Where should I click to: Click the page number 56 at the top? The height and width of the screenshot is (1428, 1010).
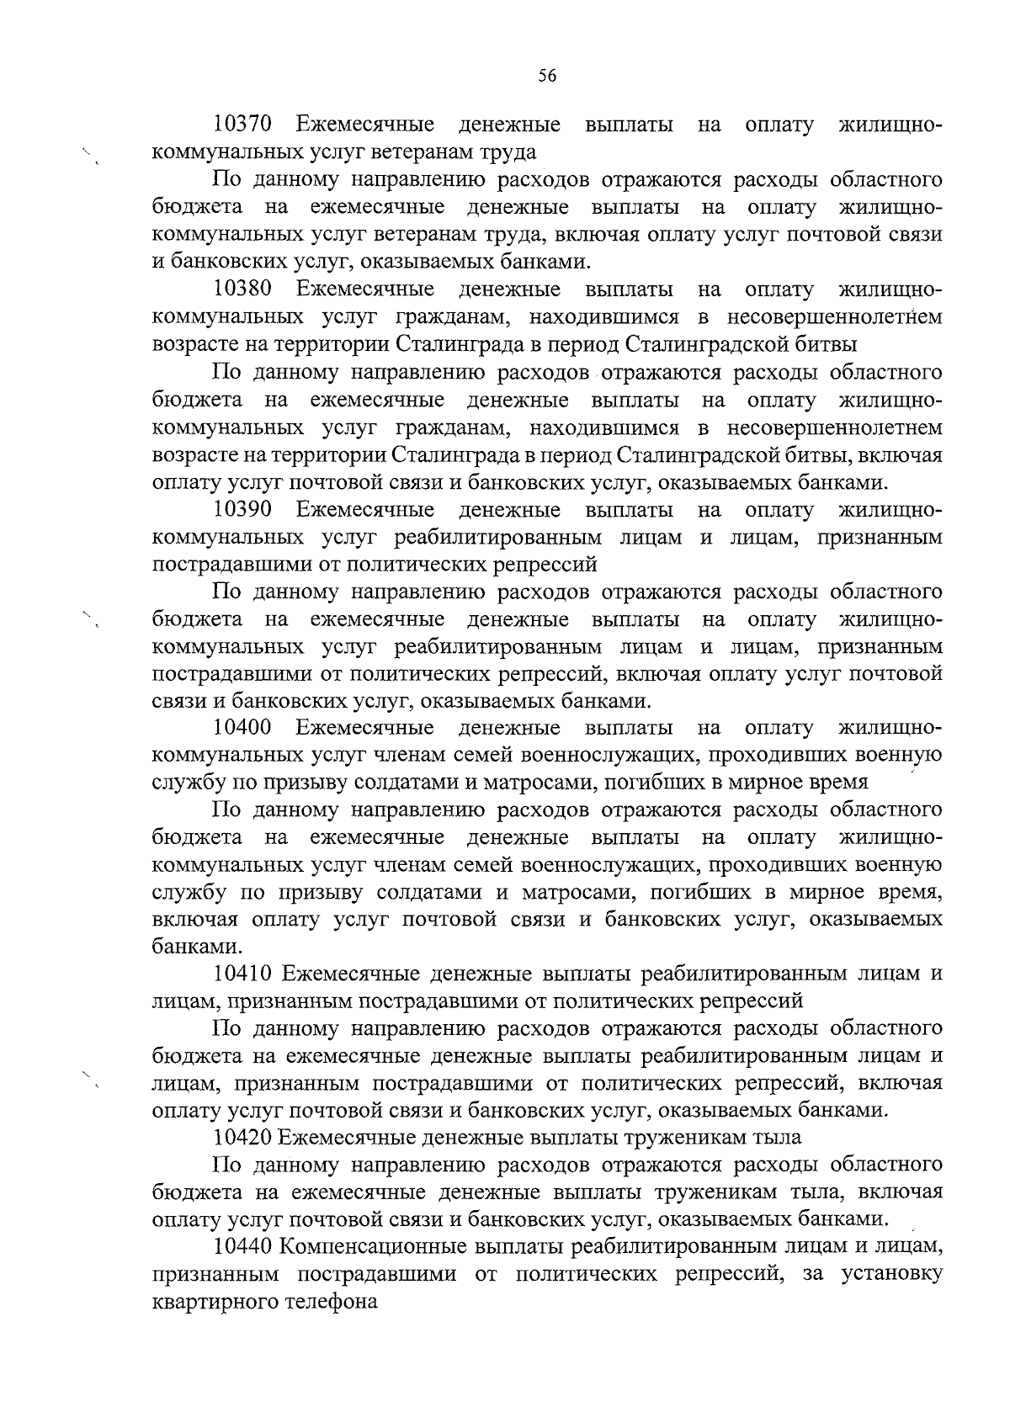(x=547, y=76)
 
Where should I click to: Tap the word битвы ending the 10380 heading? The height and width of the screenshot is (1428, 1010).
(x=827, y=345)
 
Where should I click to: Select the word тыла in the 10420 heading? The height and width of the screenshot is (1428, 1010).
(x=779, y=1138)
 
